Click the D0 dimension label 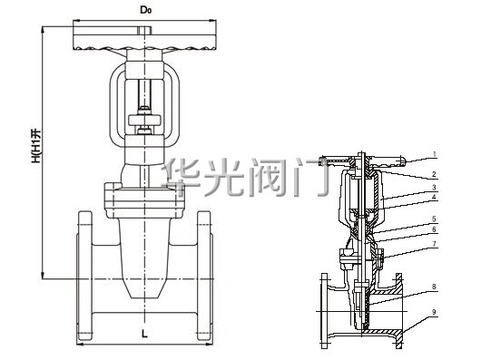click(x=145, y=10)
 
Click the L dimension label click(x=144, y=334)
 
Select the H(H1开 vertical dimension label click(x=35, y=146)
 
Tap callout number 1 click(x=435, y=154)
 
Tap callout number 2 click(x=434, y=174)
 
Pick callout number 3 click(x=434, y=188)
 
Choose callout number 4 click(x=434, y=197)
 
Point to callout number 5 click(x=434, y=219)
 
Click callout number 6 click(x=434, y=229)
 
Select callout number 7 click(x=434, y=243)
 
